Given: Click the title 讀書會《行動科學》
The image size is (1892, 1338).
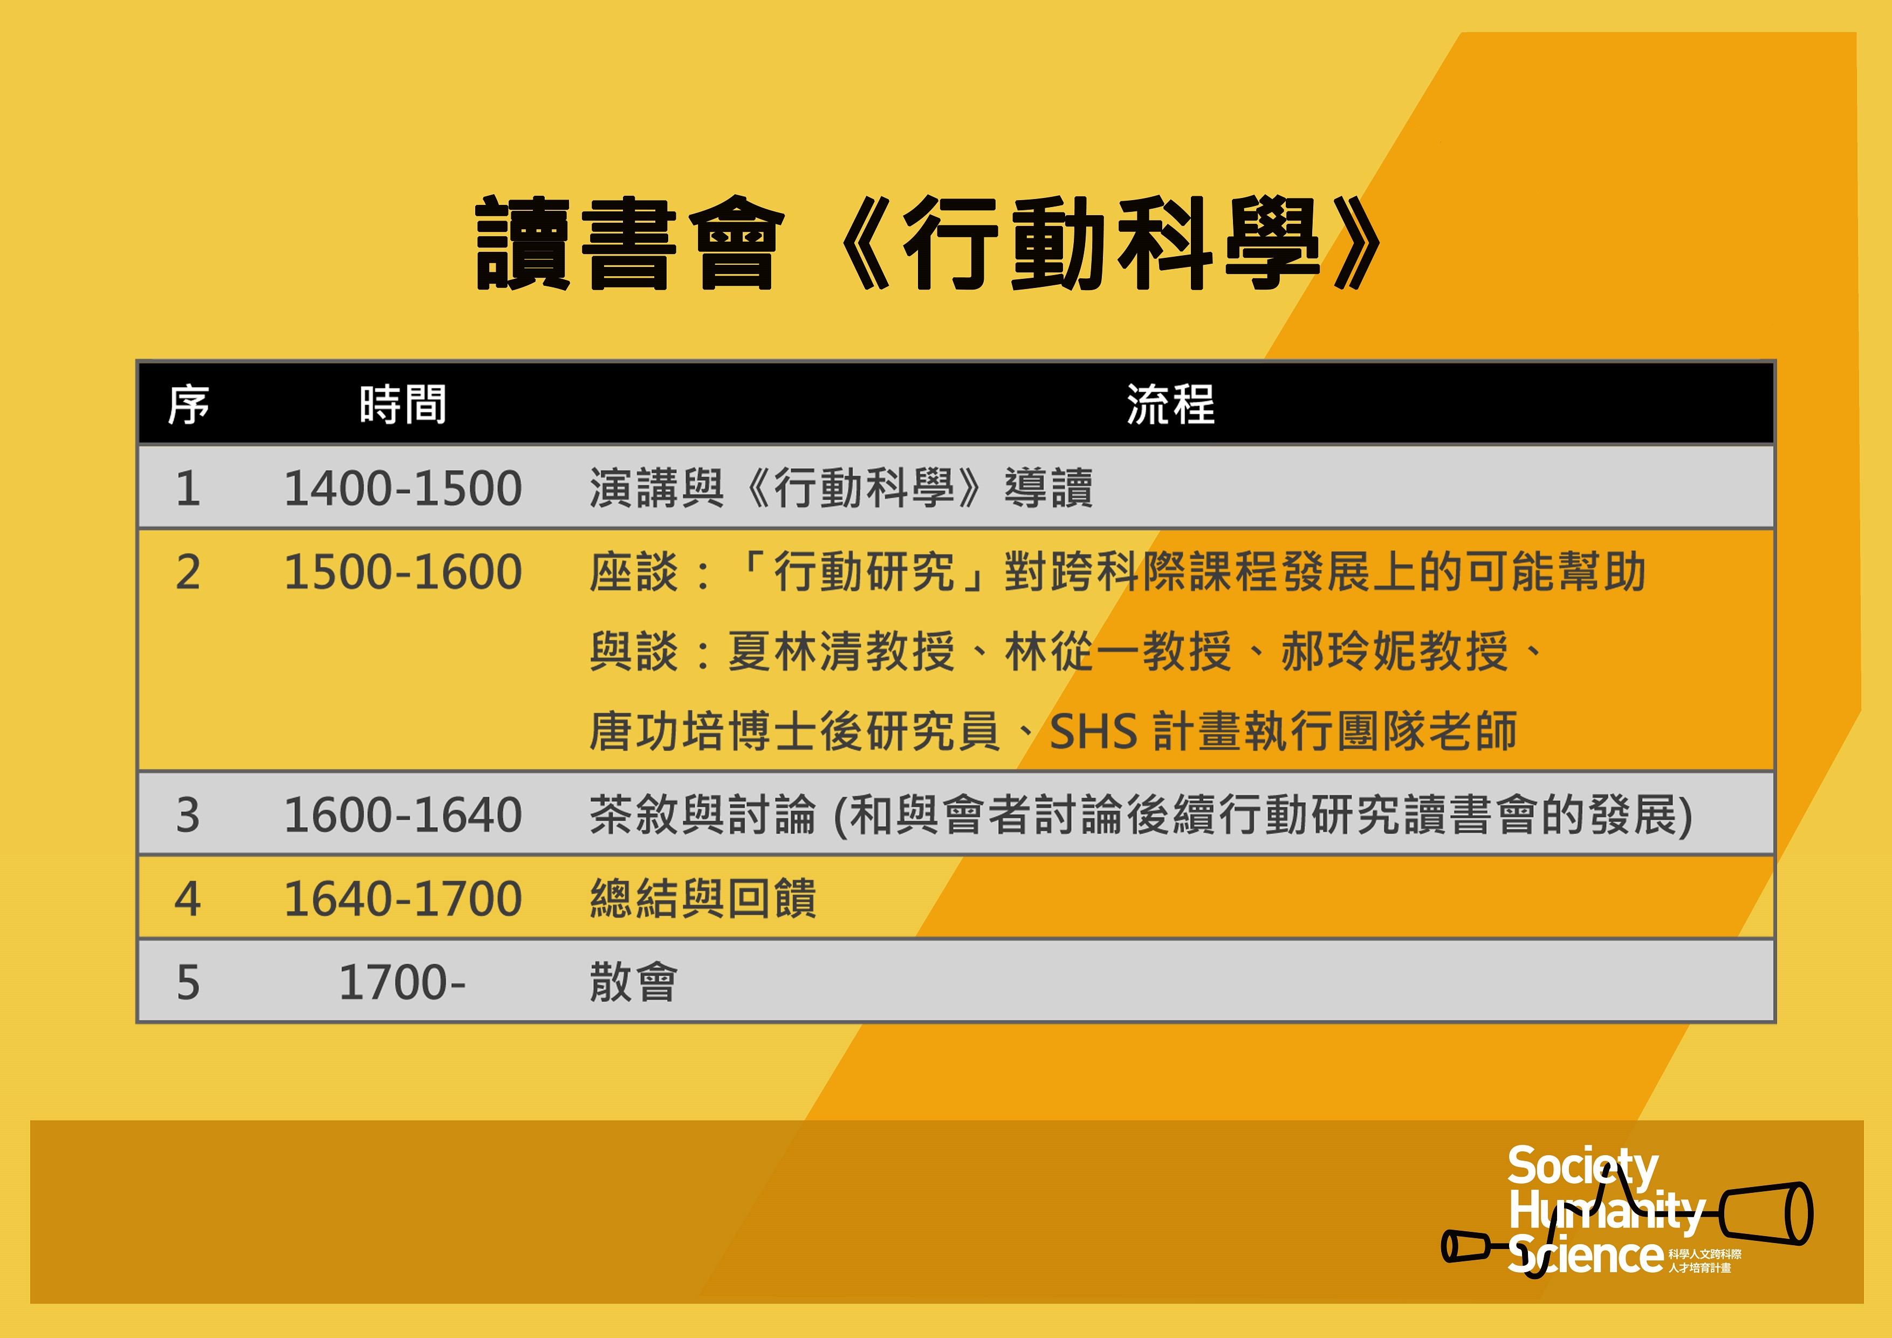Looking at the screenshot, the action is coord(929,243).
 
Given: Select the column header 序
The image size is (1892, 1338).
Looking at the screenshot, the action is coord(189,404).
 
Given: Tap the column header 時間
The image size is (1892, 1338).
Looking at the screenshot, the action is coord(403,404).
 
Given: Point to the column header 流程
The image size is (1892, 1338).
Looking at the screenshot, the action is coord(1171,404).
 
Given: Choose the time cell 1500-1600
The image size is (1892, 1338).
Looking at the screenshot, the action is coord(403,572).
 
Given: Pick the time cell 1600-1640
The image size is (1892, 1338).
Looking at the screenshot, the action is coord(403,815).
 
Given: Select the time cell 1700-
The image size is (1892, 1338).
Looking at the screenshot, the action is coord(403,982).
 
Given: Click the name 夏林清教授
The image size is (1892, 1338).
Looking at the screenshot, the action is coord(841,651).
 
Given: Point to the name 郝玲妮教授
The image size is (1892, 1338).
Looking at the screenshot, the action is coord(1394,651).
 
